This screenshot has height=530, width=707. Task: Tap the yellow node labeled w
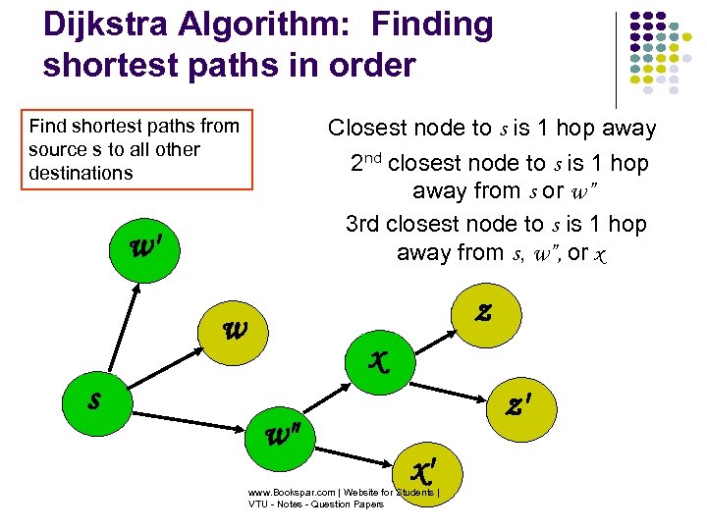click(237, 330)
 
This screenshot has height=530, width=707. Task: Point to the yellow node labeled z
click(482, 313)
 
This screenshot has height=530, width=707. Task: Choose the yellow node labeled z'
click(517, 402)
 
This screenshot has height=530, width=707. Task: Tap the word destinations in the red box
click(81, 173)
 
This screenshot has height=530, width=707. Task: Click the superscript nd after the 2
click(374, 156)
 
